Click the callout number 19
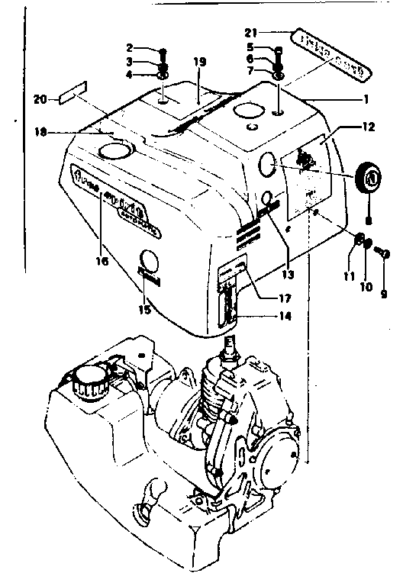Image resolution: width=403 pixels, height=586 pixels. pos(201,61)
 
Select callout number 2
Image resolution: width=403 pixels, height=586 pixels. pos(131,48)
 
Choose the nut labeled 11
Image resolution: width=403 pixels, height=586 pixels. pos(356,244)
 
